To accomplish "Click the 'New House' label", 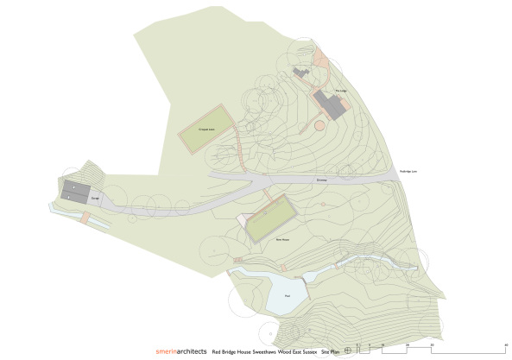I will [281, 238].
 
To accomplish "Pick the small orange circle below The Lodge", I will [319, 126].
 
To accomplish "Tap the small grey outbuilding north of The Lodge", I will [301, 73].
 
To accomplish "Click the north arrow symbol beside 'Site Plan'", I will [346, 350].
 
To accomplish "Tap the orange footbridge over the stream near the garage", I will [84, 221].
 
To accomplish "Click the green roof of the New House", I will [269, 219].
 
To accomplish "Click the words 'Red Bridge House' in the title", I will [231, 351].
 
